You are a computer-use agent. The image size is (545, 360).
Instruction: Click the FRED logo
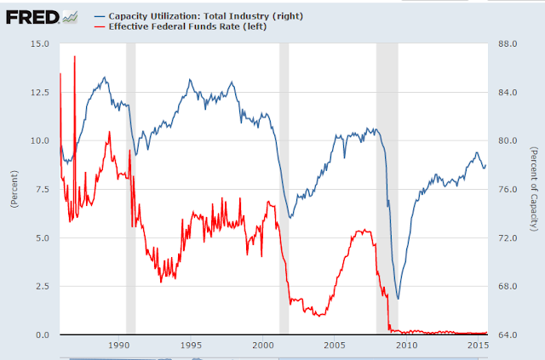(32, 14)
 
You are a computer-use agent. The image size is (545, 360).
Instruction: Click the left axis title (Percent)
(14, 190)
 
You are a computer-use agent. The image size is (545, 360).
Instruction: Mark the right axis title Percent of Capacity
(533, 188)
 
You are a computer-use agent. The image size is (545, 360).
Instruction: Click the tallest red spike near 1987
(75, 57)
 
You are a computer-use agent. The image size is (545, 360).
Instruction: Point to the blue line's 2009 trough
(398, 298)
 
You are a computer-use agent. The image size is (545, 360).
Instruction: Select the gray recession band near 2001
(284, 187)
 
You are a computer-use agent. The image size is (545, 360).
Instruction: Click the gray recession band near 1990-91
(131, 187)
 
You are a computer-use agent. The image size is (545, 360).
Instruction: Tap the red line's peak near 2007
(363, 230)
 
